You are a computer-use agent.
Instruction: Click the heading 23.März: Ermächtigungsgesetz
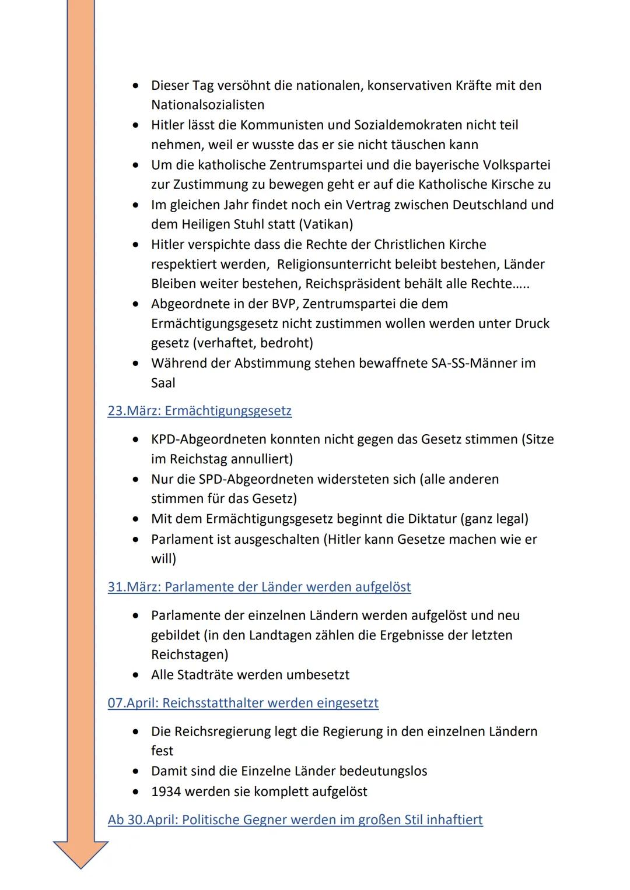tap(199, 411)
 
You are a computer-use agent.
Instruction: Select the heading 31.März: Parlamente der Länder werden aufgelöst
tap(259, 587)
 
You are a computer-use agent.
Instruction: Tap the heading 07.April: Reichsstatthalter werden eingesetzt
tap(243, 703)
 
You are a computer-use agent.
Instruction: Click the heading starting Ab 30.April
tap(295, 820)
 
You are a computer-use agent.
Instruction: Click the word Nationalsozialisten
tap(208, 105)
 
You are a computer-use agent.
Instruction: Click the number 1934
tap(167, 792)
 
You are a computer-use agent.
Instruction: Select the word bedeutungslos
tap(383, 772)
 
